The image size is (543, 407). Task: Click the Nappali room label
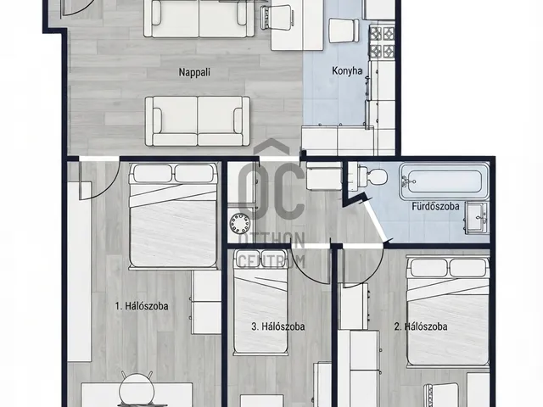pos(194,72)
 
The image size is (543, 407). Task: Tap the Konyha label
pos(347,71)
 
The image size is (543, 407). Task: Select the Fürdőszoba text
pos(435,206)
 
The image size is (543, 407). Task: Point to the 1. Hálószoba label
pos(142,306)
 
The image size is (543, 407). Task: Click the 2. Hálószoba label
pos(421,326)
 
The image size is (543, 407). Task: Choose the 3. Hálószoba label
pos(278,326)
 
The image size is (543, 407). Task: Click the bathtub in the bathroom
pos(444,181)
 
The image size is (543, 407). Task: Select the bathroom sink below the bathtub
pos(478,218)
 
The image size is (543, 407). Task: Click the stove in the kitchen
pos(383,42)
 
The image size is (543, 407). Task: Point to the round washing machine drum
pos(239,223)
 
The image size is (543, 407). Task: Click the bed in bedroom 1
pos(173,216)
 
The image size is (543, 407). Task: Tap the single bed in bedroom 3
pos(260,302)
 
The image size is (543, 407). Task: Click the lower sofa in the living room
pos(198,121)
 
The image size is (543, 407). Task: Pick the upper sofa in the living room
pos(199,19)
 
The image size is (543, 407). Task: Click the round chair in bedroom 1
pos(137,389)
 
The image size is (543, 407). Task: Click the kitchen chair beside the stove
pos(344,31)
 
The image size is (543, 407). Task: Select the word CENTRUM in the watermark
pos(271,261)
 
